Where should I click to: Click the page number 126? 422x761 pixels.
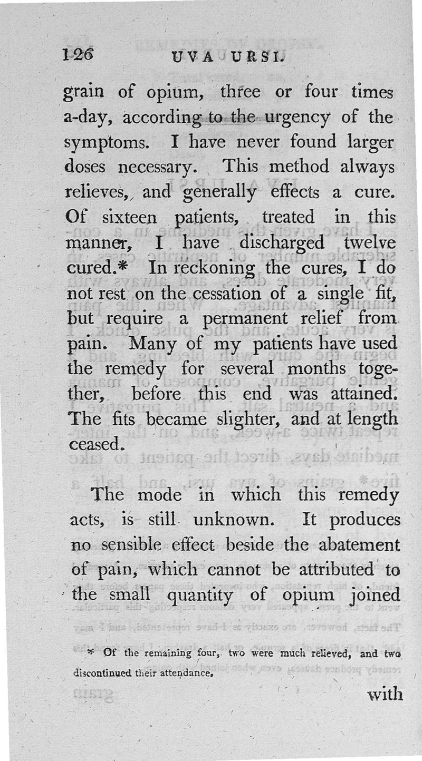78,54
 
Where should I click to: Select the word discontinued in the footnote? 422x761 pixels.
104,673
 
